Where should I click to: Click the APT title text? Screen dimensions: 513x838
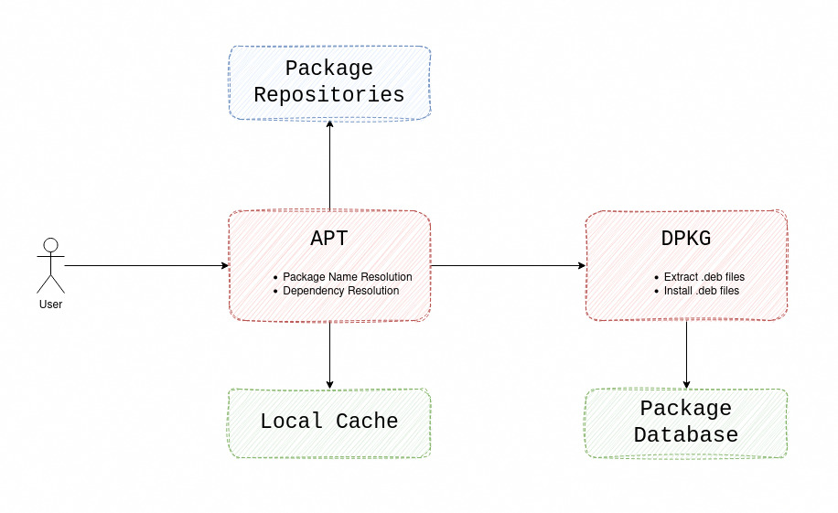[x=329, y=239]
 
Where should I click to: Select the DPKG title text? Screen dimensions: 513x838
[x=686, y=239]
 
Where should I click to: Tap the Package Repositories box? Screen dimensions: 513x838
[x=329, y=82]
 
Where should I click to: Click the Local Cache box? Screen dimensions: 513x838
[x=329, y=422]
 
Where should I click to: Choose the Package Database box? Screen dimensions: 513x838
[x=686, y=422]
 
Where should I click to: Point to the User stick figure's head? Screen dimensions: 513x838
[x=51, y=245]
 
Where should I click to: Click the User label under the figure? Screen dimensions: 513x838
[x=51, y=304]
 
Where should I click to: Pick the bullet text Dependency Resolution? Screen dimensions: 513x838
[x=340, y=291]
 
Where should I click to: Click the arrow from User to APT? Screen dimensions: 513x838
[x=146, y=266]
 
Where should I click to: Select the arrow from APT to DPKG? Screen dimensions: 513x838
[x=508, y=266]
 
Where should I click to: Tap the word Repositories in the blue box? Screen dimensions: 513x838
[x=329, y=95]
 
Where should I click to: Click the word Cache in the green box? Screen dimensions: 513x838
[x=367, y=422]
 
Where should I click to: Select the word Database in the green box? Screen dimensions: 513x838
[x=686, y=435]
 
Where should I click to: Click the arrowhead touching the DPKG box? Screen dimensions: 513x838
[x=581, y=266]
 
